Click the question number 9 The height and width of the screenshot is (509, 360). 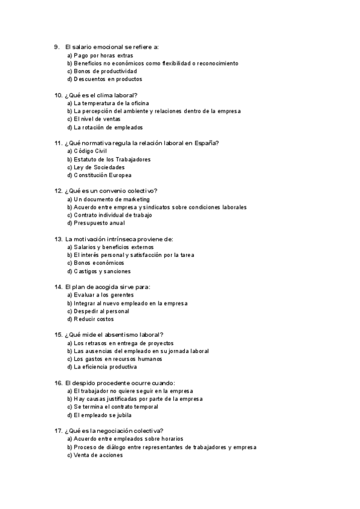(x=56, y=47)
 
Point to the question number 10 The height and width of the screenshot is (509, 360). (x=58, y=95)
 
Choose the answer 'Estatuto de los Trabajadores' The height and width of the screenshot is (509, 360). (x=109, y=159)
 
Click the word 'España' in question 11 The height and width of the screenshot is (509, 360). (x=205, y=143)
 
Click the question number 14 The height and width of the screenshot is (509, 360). (x=58, y=287)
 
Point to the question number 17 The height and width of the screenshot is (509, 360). (x=58, y=430)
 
